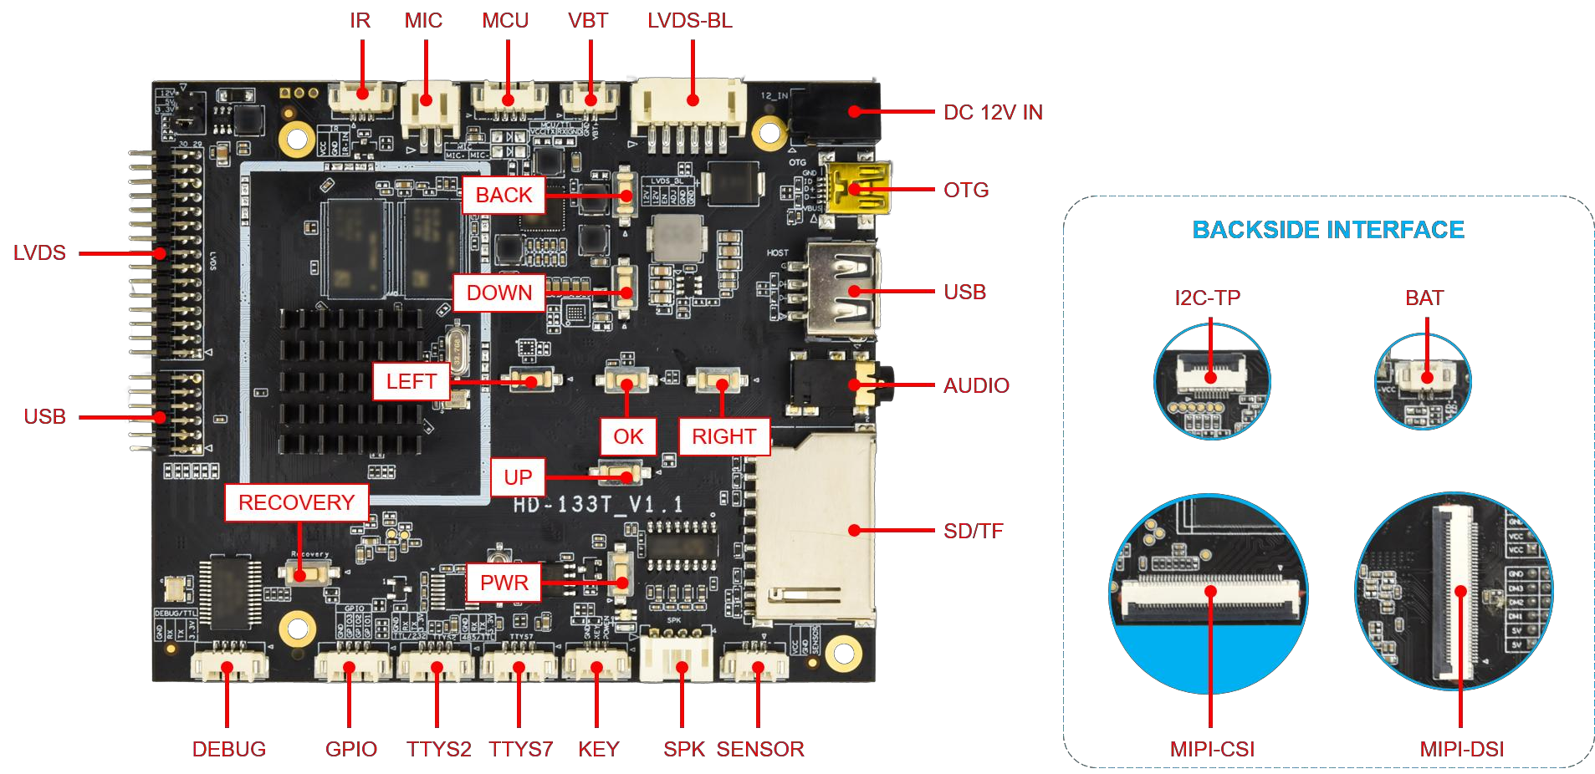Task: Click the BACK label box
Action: click(504, 195)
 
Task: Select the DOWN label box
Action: click(498, 293)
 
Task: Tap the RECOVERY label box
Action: click(296, 502)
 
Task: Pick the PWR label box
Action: click(504, 583)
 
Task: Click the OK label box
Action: click(628, 436)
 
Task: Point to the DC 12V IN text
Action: click(993, 113)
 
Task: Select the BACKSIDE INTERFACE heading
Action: click(1328, 230)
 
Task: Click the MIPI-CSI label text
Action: click(1212, 749)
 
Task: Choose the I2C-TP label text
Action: click(1207, 298)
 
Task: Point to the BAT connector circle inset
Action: click(1423, 381)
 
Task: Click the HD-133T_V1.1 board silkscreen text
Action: click(598, 504)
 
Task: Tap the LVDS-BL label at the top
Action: click(689, 21)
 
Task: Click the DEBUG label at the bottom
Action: click(229, 749)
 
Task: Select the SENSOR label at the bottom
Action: click(760, 749)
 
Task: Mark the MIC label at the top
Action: click(423, 21)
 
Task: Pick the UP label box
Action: click(518, 477)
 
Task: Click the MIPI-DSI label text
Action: click(1462, 749)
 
